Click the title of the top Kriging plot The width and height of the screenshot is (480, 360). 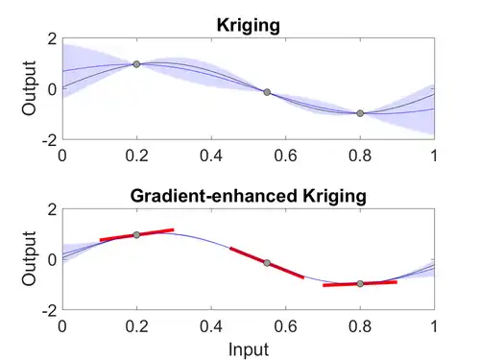[249, 26]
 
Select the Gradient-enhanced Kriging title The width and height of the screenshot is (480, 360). [249, 196]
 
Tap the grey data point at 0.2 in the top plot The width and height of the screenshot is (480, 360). [136, 64]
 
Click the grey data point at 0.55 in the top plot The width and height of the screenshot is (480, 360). [267, 92]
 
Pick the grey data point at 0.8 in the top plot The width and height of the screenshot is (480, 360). [360, 113]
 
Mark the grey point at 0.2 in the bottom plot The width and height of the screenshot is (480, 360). [136, 235]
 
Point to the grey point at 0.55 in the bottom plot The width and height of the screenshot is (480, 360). [267, 263]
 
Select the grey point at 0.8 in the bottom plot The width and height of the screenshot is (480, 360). [360, 284]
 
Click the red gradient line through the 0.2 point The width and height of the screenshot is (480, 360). [136, 235]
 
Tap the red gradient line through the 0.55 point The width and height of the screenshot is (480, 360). [267, 263]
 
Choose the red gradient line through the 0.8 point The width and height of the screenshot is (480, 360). [360, 284]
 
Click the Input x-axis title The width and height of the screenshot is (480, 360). [249, 349]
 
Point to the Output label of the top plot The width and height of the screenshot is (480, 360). [29, 88]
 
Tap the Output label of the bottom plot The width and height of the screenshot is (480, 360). [29, 258]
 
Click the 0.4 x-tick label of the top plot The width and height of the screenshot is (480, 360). [211, 156]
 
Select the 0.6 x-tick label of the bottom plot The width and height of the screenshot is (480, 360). [285, 326]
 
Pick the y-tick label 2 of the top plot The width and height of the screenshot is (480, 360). [52, 39]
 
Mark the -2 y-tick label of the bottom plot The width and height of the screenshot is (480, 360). [50, 310]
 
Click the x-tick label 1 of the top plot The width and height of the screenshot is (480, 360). [434, 156]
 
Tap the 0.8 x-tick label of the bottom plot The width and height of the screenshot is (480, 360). [360, 326]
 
